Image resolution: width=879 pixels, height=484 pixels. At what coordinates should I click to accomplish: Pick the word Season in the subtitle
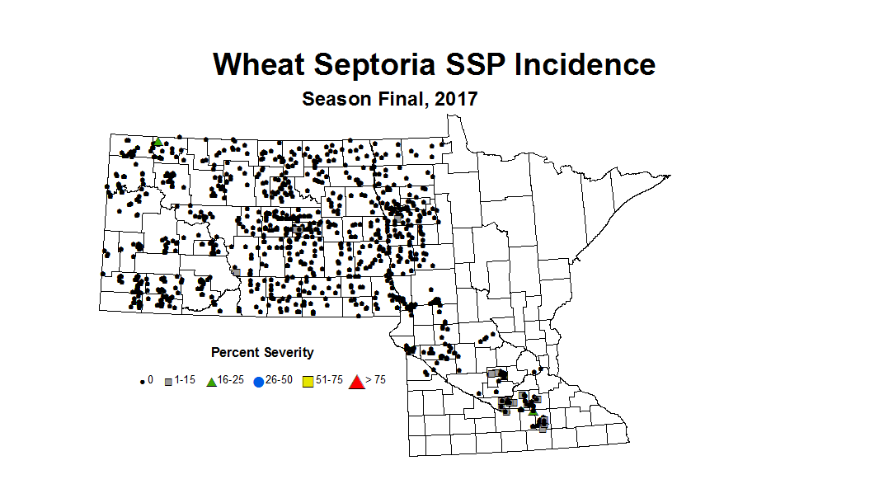tap(332, 99)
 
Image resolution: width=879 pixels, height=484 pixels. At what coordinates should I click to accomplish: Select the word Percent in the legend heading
tap(236, 353)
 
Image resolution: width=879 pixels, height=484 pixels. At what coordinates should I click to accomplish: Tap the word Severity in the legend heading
tap(288, 353)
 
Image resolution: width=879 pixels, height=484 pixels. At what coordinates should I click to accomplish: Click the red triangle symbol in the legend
tap(356, 381)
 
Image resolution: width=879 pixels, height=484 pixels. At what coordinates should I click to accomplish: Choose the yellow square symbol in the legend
tap(308, 382)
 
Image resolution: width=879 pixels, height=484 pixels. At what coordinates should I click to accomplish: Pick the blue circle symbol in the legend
tap(259, 382)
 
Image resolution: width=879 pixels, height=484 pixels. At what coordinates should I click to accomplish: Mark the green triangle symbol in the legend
tap(211, 382)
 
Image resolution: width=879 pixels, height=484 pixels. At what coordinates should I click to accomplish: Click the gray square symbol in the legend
tap(169, 382)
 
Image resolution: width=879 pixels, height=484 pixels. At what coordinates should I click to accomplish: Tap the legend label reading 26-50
tap(277, 380)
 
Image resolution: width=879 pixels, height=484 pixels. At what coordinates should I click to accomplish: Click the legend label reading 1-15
tap(186, 380)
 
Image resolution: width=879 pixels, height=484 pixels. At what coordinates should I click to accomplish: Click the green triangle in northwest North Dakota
tap(157, 142)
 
